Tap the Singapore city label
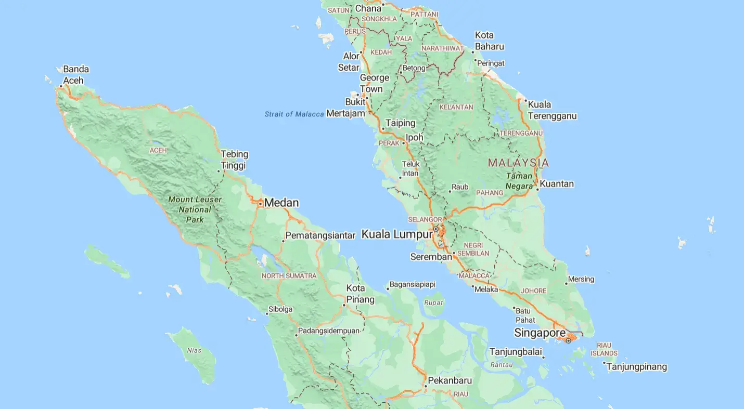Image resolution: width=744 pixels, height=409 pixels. (x=540, y=333)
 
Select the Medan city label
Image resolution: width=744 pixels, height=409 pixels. (x=281, y=203)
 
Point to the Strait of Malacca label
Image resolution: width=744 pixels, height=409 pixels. (x=294, y=114)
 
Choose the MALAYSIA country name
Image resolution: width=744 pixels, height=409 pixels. (x=518, y=163)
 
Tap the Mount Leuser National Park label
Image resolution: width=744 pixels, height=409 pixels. (x=195, y=209)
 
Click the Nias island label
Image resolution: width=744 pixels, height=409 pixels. (x=194, y=350)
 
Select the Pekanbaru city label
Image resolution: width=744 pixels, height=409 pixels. (x=450, y=380)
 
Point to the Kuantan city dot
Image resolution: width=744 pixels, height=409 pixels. (x=537, y=189)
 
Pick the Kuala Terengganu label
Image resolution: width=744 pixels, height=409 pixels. (x=552, y=110)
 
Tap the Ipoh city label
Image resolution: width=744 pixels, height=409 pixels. (x=415, y=137)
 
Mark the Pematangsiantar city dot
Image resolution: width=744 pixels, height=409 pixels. (x=284, y=241)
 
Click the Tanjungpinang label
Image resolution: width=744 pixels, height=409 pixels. (x=636, y=367)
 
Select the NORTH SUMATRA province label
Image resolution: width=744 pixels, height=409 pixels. (x=289, y=275)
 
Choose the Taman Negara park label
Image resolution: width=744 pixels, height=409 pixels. (x=519, y=181)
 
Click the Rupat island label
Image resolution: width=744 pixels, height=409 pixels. (x=434, y=302)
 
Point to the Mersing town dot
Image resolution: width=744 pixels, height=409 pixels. (x=567, y=283)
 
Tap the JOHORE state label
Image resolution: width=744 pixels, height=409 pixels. (x=534, y=291)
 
